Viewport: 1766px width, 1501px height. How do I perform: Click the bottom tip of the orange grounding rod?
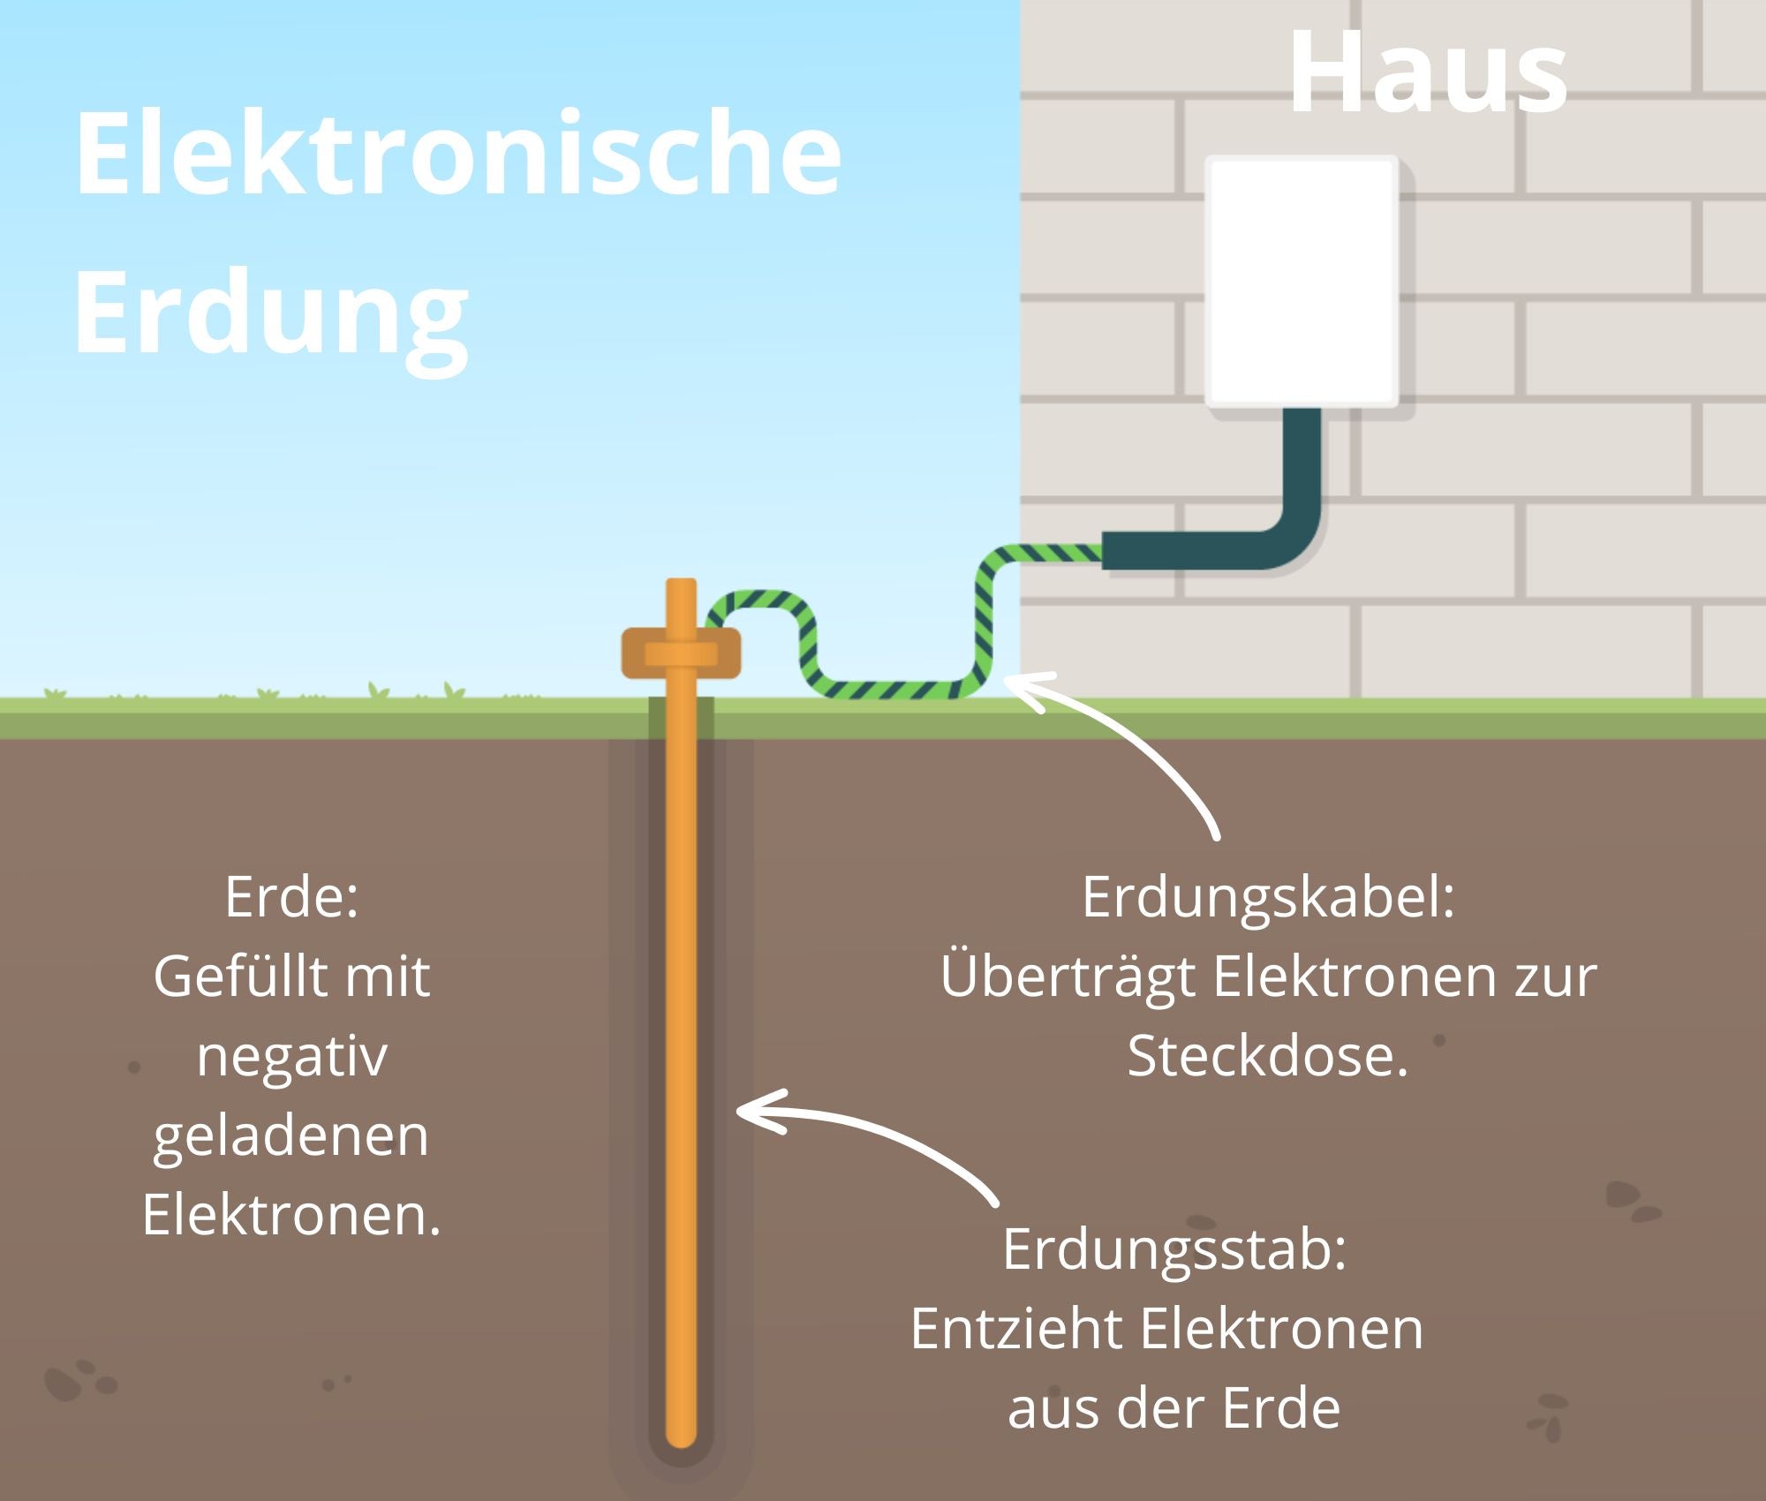coord(681,1446)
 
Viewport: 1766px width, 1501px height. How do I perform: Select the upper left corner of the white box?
coord(1206,157)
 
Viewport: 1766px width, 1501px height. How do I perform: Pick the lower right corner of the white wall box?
coord(1398,406)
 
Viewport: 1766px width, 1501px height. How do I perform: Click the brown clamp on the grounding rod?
coord(681,653)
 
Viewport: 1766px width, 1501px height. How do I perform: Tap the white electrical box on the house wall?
coord(1302,282)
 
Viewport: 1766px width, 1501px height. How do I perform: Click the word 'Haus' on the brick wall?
coord(1428,72)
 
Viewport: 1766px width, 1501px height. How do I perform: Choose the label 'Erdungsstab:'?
coord(1174,1250)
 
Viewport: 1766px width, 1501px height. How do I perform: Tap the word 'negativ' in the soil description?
coord(291,1057)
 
